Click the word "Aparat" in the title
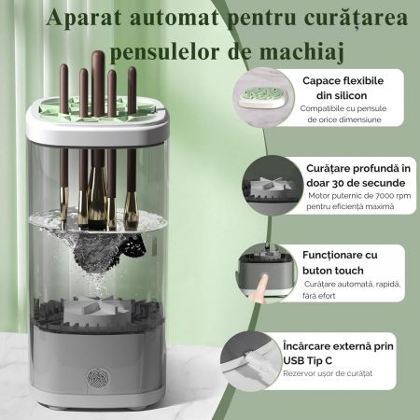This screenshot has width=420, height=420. pos(84,18)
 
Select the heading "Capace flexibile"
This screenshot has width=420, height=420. pos(343,81)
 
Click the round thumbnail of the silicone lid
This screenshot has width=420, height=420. pos(263,97)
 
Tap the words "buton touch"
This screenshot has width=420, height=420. pos(333,271)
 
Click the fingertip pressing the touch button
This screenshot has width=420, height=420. pos(264,278)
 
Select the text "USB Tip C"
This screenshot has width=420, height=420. pos(307,361)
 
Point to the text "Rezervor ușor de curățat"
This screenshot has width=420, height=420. pos(328,373)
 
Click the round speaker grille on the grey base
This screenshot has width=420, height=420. pos(98,378)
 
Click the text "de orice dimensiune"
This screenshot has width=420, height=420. pos(344,119)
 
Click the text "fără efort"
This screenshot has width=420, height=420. pos(319,296)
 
